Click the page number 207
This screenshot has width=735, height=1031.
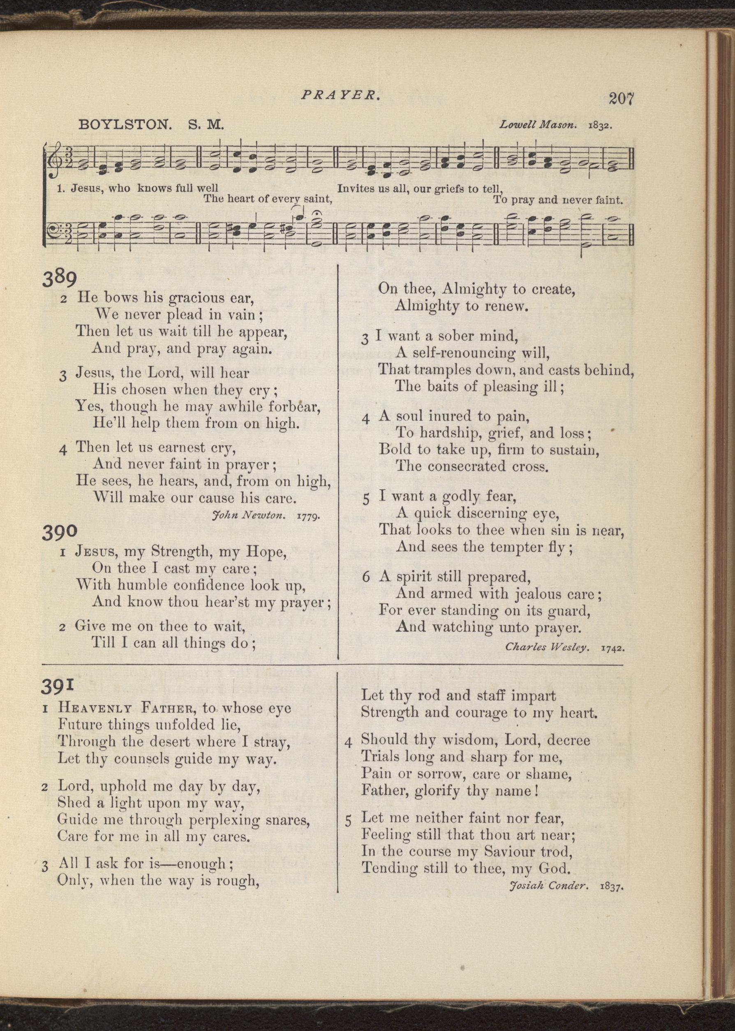[x=622, y=98]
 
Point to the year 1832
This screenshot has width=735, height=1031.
[x=600, y=126]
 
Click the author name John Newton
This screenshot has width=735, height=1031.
[x=248, y=515]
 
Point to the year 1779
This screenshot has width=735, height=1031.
[x=309, y=515]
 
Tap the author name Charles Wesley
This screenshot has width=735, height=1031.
[x=547, y=647]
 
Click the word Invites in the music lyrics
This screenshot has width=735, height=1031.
[x=355, y=189]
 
